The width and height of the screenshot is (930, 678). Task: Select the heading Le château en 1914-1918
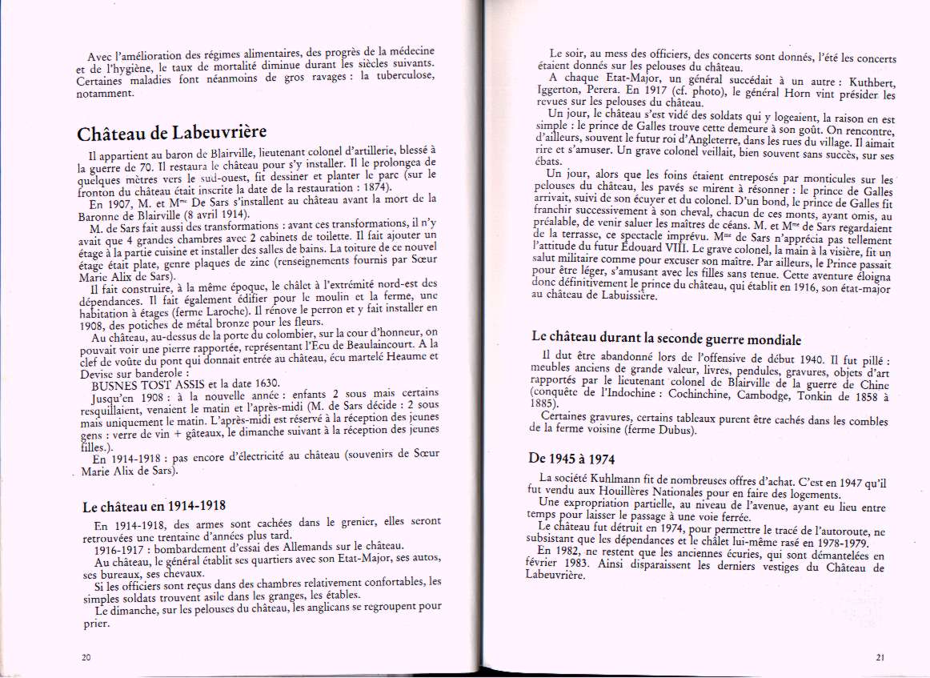coord(154,506)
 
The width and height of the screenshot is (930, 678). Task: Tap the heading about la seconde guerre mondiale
coord(667,339)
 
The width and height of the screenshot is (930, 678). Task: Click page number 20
coord(86,656)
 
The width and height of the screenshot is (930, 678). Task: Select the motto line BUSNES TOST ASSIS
coord(144,383)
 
